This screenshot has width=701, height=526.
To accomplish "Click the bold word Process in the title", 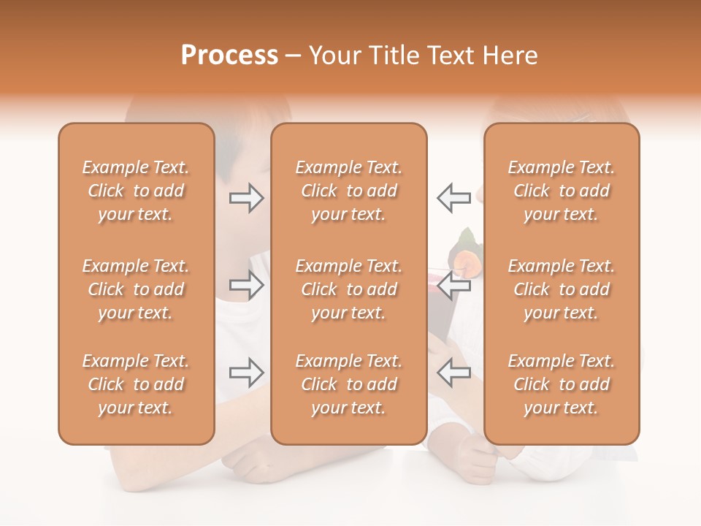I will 229,56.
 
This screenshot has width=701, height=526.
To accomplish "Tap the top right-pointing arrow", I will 246,198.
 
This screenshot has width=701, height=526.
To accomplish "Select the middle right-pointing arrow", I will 246,286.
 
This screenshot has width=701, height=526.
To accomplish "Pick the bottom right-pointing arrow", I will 246,373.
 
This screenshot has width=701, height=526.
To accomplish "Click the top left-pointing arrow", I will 453,198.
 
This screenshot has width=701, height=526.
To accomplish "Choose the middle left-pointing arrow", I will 453,286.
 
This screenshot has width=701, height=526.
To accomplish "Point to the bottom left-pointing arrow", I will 453,373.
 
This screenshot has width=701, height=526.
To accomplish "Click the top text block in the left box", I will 136,191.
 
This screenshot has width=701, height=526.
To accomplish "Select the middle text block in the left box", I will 136,289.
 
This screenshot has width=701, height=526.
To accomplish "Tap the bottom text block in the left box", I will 136,384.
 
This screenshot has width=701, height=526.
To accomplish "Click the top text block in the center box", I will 348,191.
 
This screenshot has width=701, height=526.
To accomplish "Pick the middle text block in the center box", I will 348,289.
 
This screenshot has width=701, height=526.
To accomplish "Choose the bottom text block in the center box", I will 348,384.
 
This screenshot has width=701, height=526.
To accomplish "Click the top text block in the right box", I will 561,191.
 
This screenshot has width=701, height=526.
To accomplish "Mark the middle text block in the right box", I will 561,289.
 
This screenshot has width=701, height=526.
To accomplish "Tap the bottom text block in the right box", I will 561,384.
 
